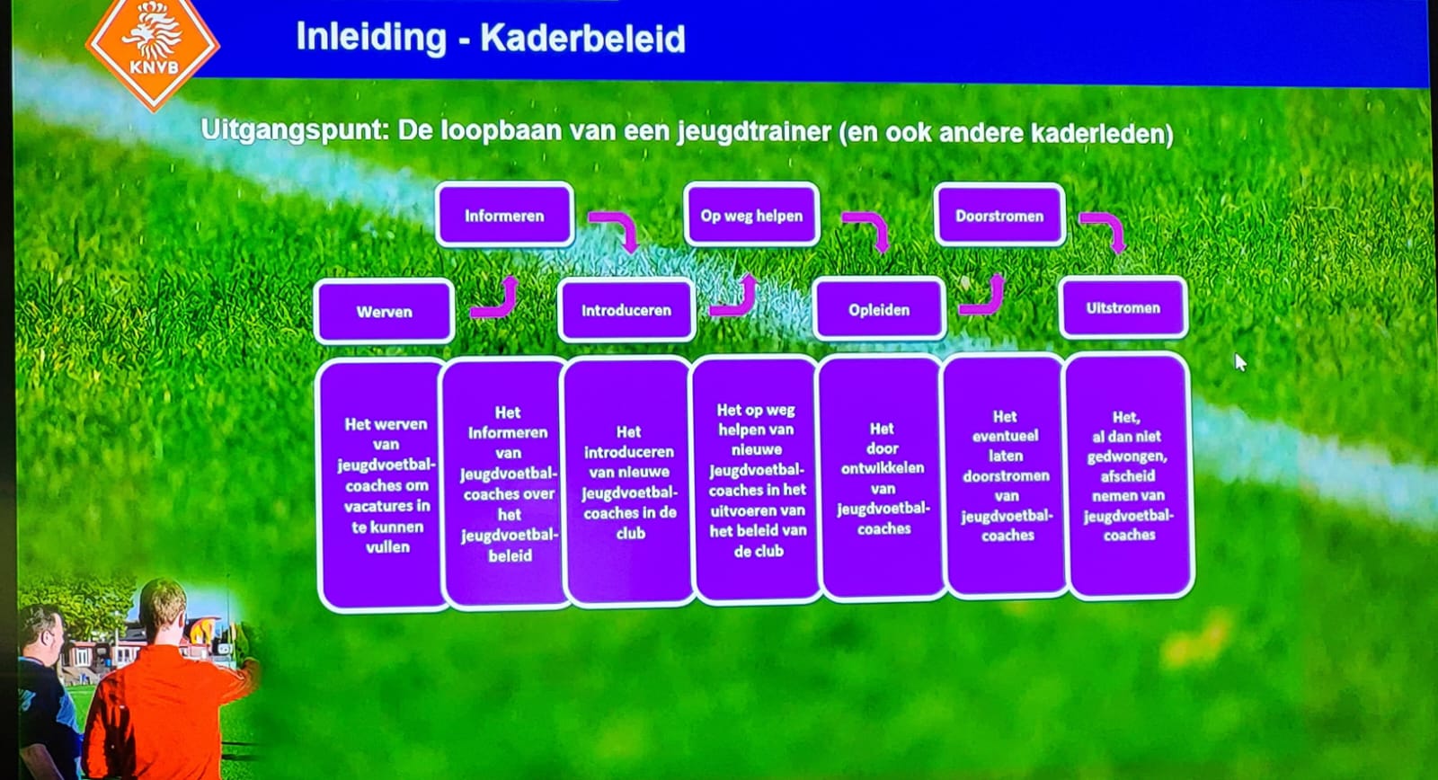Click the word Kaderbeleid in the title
[583, 38]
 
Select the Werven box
[385, 311]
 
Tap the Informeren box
[504, 216]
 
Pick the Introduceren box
[626, 310]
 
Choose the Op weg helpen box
[751, 215]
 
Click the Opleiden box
[879, 309]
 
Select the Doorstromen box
[999, 216]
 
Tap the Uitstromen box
[1123, 307]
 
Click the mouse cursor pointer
[1240, 363]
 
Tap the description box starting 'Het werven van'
[384, 484]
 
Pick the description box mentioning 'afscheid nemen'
[1128, 476]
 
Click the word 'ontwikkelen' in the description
[883, 468]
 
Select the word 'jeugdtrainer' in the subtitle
[754, 133]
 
